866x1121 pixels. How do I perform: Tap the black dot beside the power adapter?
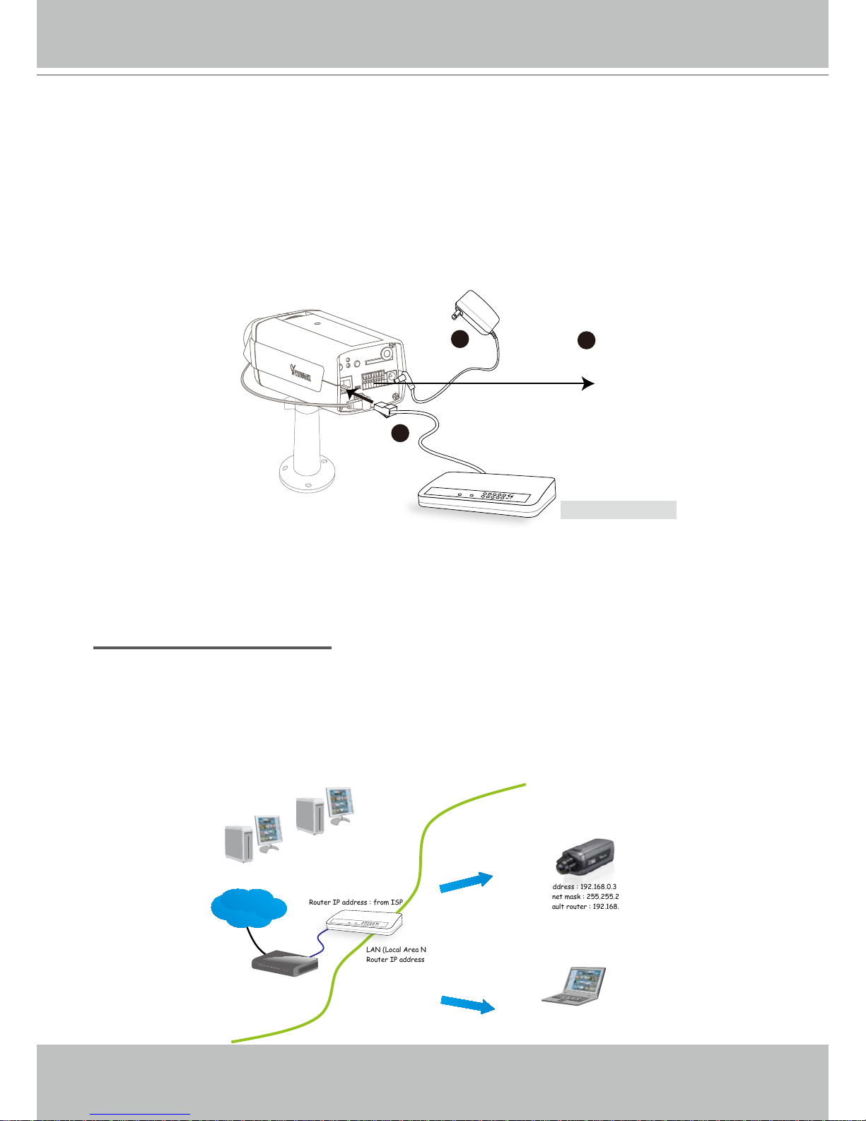460,339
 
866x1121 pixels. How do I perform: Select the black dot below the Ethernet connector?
400,434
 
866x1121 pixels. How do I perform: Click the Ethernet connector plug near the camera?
385,410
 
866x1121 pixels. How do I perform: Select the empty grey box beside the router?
619,510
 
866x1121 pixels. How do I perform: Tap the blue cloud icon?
248,907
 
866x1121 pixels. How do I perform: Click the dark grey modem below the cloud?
285,962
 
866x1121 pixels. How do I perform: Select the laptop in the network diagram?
575,984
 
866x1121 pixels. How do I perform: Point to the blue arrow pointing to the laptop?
467,1004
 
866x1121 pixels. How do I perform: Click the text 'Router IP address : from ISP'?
356,902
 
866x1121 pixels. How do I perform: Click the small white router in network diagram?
363,922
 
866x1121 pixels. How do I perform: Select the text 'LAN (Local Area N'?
396,950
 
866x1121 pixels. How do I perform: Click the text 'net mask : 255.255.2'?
585,897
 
